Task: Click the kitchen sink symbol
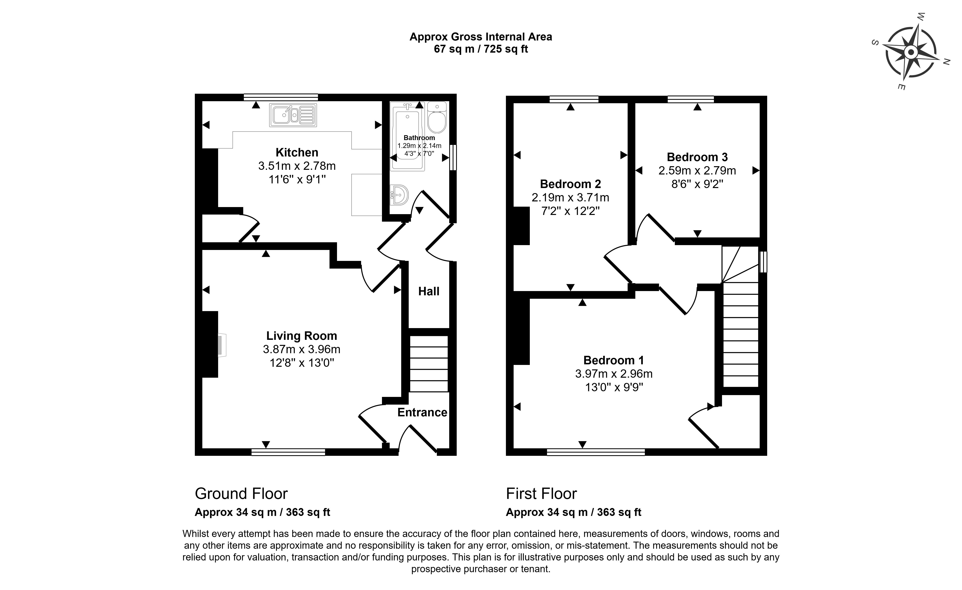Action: [293, 115]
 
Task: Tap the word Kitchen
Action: [297, 152]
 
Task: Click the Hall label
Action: [429, 291]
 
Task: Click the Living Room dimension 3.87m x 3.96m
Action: [301, 349]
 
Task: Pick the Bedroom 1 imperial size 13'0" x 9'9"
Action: [614, 387]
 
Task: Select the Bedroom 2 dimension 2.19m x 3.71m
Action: [570, 198]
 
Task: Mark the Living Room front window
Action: [288, 452]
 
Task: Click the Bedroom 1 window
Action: [596, 452]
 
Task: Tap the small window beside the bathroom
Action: [453, 158]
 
